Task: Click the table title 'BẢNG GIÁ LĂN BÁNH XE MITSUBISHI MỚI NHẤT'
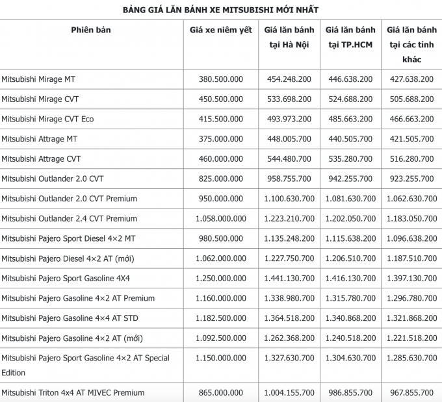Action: tap(220, 10)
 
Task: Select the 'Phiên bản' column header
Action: tap(91, 30)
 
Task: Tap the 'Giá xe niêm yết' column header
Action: tap(221, 30)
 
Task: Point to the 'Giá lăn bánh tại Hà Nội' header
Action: tap(289, 38)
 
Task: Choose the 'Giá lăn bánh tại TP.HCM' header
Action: tap(350, 38)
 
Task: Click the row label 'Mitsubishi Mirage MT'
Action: tap(39, 79)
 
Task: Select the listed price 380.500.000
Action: tap(221, 79)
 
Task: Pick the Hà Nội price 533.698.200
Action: tap(289, 99)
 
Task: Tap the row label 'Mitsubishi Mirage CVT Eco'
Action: tap(47, 119)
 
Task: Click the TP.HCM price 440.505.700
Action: tap(350, 139)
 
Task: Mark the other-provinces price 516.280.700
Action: tap(411, 159)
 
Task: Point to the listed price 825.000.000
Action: tap(221, 179)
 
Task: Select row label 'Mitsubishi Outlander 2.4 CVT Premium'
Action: tap(69, 219)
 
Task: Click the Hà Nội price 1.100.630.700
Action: tap(289, 199)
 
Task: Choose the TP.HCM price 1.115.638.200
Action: tap(350, 238)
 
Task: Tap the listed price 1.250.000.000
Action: tap(221, 278)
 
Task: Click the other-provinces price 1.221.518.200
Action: tap(411, 338)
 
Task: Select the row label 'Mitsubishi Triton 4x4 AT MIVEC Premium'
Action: tap(73, 393)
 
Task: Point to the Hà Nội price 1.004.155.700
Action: tap(289, 393)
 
